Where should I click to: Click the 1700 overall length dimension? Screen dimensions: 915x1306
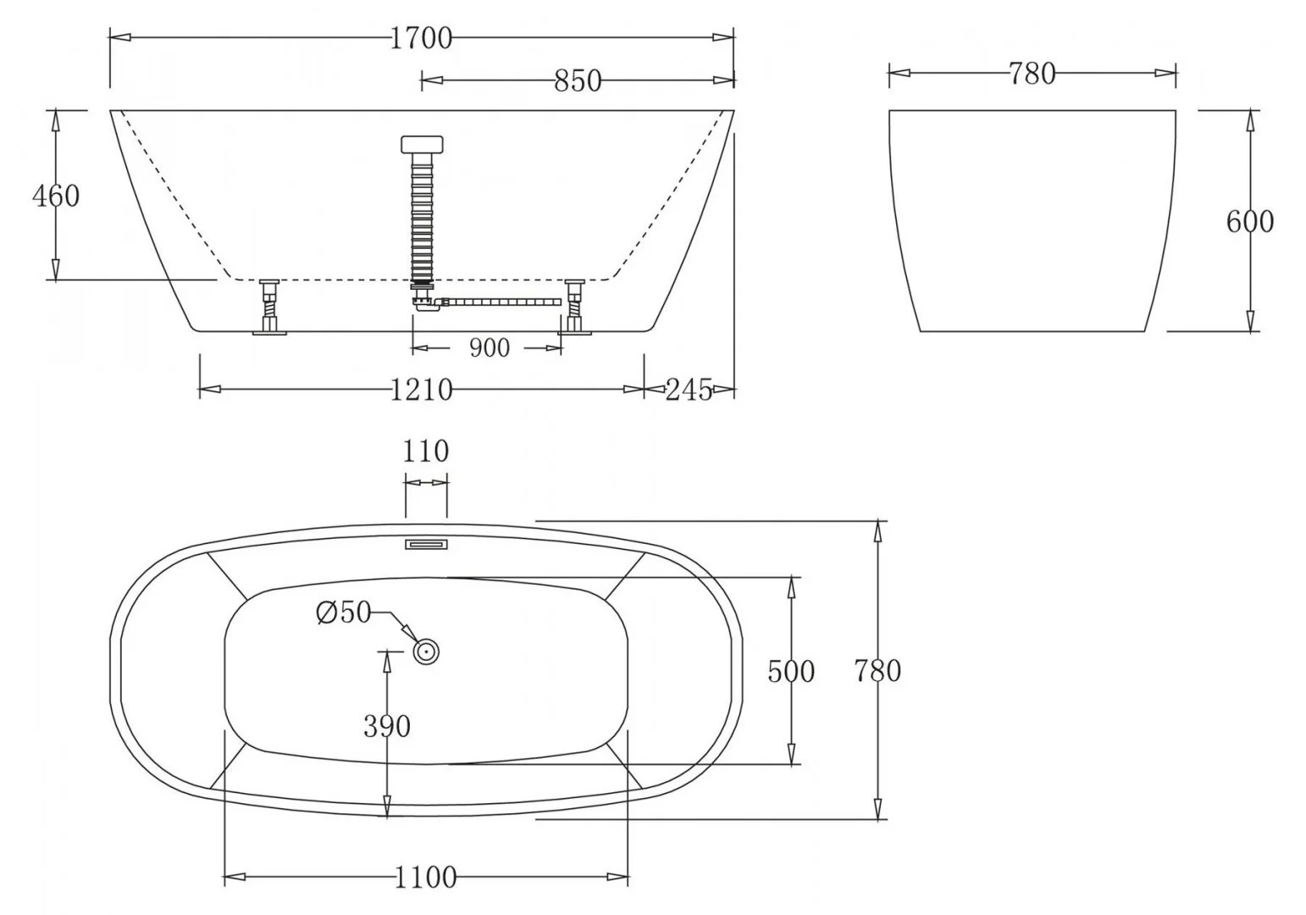421,38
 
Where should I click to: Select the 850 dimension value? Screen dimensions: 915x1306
578,80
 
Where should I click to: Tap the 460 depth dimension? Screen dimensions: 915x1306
56,196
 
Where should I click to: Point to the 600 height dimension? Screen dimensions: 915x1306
1249,221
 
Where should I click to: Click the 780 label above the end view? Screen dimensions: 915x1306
1032,75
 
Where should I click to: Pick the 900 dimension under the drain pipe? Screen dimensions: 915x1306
489,347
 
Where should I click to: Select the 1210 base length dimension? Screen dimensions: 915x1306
421,390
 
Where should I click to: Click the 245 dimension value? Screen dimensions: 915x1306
688,390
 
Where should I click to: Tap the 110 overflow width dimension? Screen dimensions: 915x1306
425,451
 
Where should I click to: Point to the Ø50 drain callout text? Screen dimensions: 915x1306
344,612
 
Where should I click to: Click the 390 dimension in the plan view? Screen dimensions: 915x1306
387,726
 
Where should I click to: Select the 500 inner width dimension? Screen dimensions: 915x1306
790,671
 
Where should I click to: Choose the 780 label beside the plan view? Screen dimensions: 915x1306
877,671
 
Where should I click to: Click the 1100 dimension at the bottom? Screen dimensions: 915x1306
425,877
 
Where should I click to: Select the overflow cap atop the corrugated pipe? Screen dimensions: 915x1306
421,143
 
